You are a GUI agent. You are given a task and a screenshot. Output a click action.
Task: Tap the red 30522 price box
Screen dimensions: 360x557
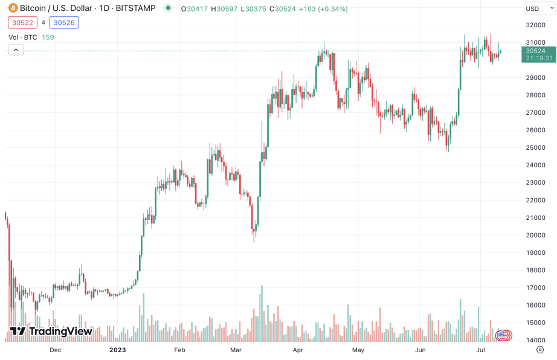pyautogui.click(x=21, y=22)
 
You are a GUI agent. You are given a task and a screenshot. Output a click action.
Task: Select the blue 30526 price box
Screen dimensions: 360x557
pyautogui.click(x=64, y=22)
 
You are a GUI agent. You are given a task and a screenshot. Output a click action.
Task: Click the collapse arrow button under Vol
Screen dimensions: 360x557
pyautogui.click(x=16, y=50)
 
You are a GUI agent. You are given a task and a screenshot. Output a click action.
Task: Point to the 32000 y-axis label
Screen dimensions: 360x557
pyautogui.click(x=535, y=25)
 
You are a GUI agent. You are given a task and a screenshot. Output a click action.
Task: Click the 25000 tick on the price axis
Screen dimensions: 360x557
pyautogui.click(x=535, y=147)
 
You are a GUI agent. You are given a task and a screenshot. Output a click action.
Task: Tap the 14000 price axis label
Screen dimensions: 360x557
pyautogui.click(x=535, y=340)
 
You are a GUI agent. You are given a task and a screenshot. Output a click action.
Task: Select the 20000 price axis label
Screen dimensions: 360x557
pyautogui.click(x=535, y=235)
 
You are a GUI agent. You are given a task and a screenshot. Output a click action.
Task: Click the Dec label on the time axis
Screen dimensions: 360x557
pyautogui.click(x=55, y=350)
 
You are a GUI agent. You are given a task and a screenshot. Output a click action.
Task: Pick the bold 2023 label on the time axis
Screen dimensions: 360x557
pyautogui.click(x=117, y=350)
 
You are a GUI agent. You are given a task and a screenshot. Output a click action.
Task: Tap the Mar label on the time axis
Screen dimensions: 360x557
pyautogui.click(x=236, y=350)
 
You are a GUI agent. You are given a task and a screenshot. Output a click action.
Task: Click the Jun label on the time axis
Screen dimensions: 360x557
pyautogui.click(x=420, y=350)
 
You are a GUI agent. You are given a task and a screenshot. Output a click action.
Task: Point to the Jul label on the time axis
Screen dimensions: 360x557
pyautogui.click(x=482, y=350)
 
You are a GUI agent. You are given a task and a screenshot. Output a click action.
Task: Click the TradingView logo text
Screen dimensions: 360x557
pyautogui.click(x=51, y=332)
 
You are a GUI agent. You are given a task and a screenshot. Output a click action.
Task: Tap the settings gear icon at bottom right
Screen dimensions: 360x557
pyautogui.click(x=540, y=350)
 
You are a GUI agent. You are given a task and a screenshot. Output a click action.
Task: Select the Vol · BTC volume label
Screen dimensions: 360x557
pyautogui.click(x=23, y=37)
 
